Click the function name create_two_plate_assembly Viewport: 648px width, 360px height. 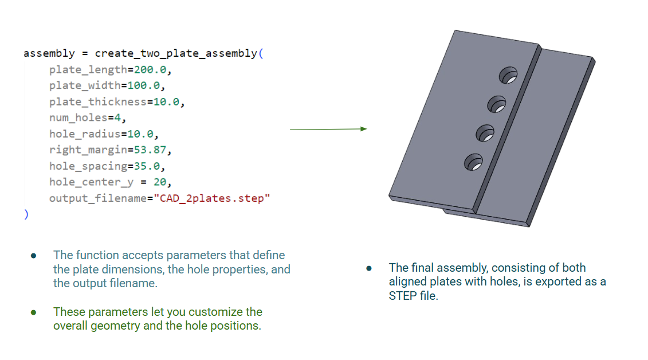pyautogui.click(x=176, y=53)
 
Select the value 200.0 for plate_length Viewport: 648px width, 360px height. pyautogui.click(x=152, y=69)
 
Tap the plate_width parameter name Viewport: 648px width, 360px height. pyautogui.click(x=85, y=85)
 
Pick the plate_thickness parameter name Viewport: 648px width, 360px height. pyautogui.click(x=97, y=101)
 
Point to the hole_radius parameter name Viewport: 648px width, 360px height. pyautogui.click(x=85, y=134)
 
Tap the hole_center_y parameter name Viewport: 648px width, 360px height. pyautogui.click(x=91, y=182)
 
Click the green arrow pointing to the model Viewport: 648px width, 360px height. pyautogui.click(x=328, y=130)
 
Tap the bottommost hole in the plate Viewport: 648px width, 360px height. pyautogui.click(x=473, y=162)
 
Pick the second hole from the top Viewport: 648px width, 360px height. pyautogui.click(x=496, y=104)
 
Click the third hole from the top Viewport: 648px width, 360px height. pyautogui.click(x=485, y=134)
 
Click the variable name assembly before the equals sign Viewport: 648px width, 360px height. pyautogui.click(x=49, y=53)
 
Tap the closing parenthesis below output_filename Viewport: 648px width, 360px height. pyautogui.click(x=26, y=214)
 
